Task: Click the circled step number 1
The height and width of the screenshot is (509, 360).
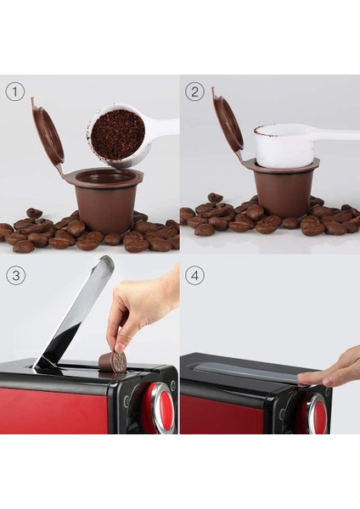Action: click(14, 90)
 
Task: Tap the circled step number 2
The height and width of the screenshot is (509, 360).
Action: click(195, 90)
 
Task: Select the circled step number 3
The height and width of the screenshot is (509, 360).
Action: click(14, 277)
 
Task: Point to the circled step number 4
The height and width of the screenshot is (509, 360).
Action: click(195, 277)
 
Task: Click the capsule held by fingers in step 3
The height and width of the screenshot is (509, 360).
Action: click(113, 361)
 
